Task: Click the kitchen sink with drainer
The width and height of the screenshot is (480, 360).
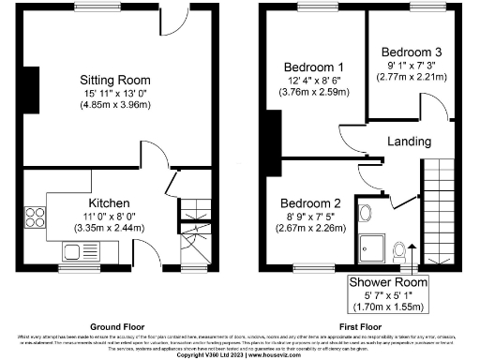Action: coord(74,251)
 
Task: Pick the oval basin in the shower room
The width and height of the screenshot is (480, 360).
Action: coord(365,211)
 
